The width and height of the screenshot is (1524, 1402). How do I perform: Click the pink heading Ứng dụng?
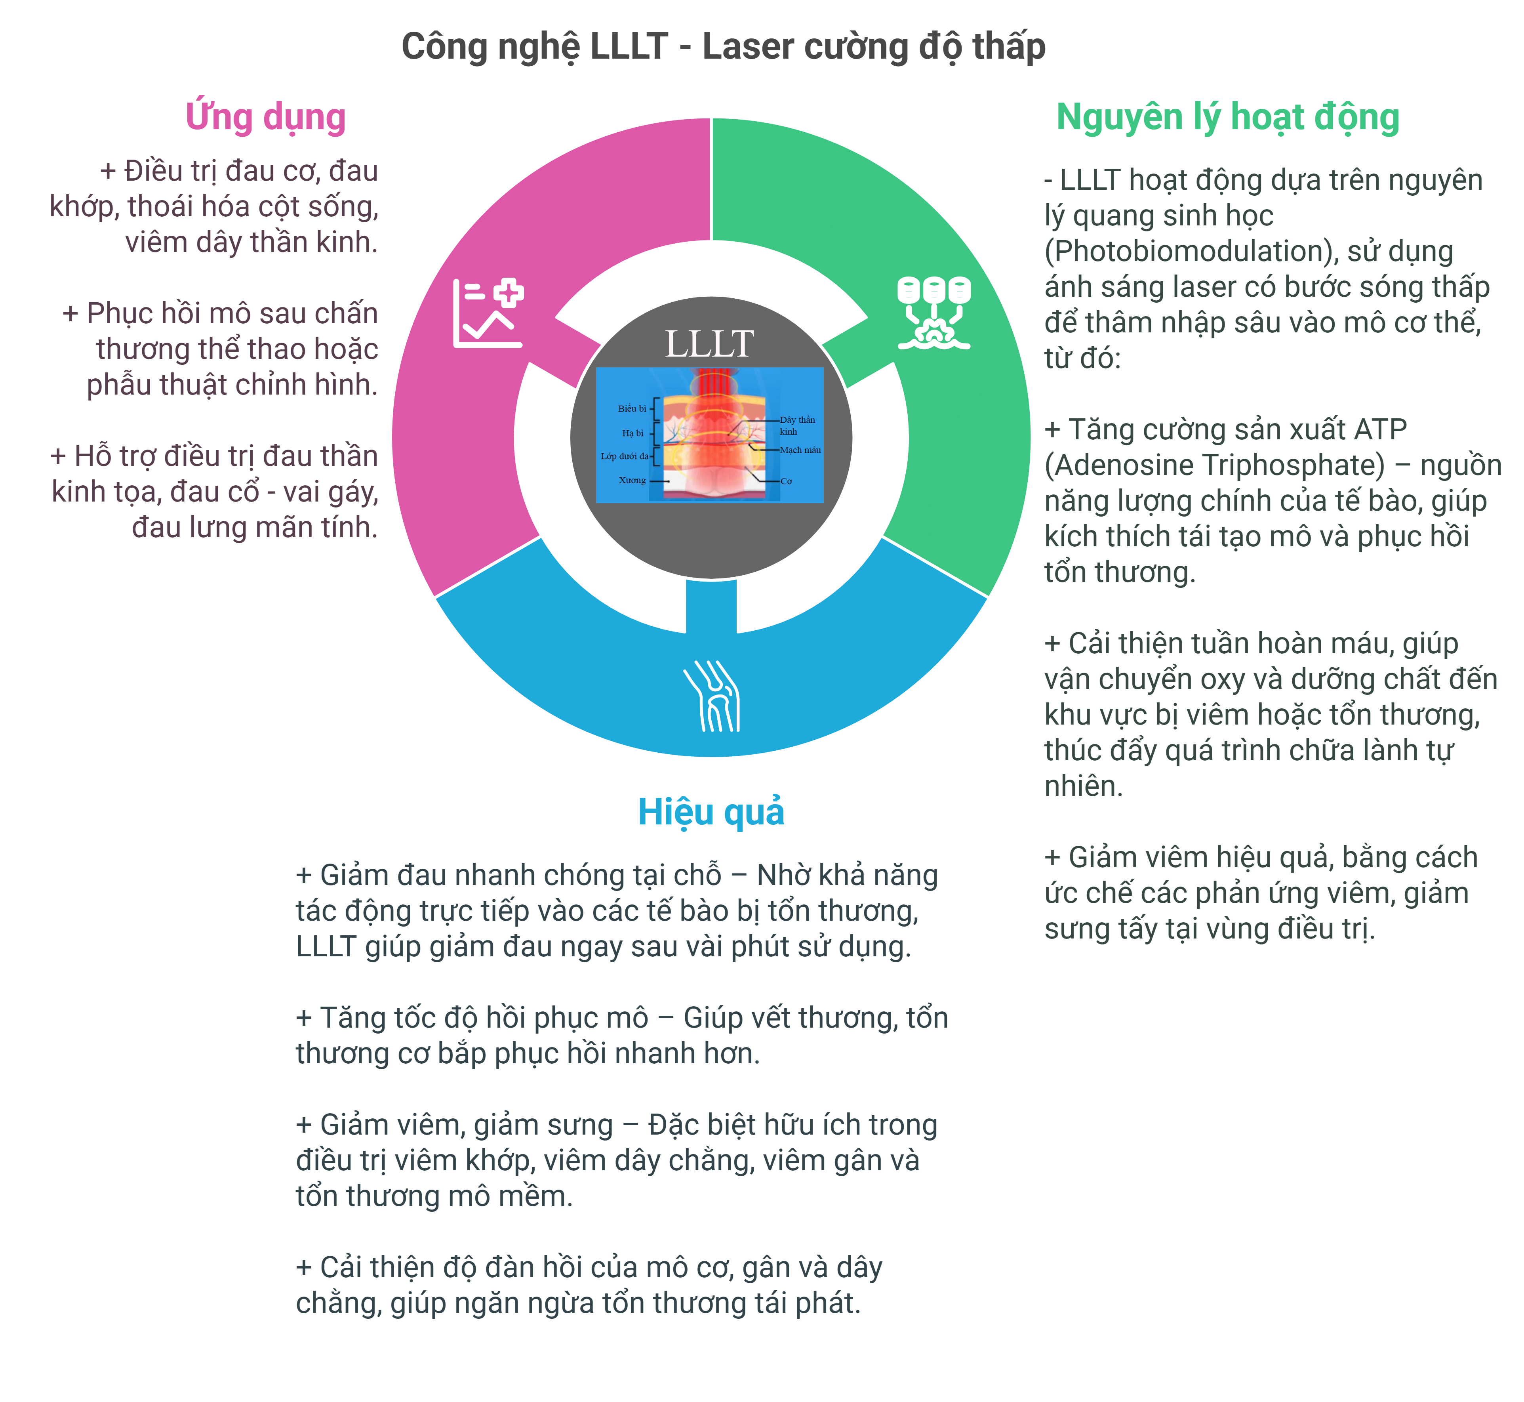(265, 118)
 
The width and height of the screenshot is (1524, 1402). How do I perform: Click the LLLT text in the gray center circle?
(709, 344)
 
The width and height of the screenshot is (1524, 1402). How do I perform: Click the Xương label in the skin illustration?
(632, 480)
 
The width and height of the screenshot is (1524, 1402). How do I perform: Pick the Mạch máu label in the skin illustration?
(800, 450)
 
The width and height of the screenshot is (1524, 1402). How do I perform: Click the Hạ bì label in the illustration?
(632, 433)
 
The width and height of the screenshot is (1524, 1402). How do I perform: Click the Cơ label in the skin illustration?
(786, 481)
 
